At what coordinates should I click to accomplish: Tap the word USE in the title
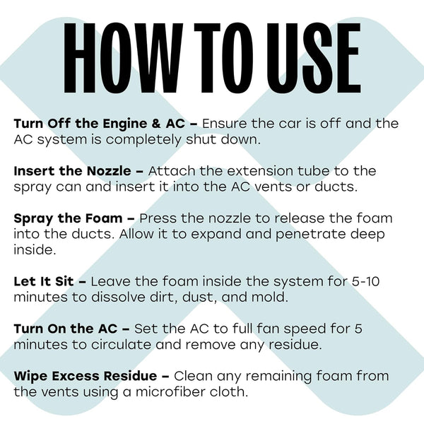click(314, 58)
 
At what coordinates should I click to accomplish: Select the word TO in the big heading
click(224, 58)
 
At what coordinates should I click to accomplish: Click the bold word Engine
click(125, 124)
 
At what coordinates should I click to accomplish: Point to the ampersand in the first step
click(156, 124)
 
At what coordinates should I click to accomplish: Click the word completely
click(143, 140)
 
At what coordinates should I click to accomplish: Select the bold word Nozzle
click(109, 171)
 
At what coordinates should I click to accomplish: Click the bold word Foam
click(104, 218)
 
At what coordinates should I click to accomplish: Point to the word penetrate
click(310, 235)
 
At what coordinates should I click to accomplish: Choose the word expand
click(216, 235)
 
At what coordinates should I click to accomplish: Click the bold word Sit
click(64, 281)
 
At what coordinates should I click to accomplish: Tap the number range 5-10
click(365, 281)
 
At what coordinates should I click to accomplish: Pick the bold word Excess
click(76, 376)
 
